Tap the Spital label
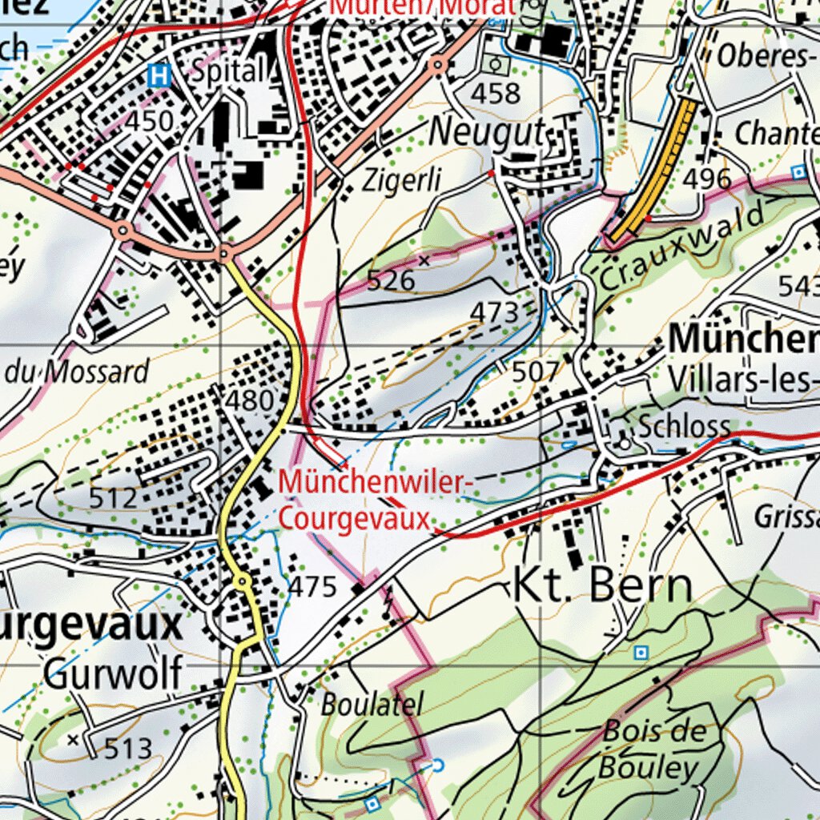click(x=228, y=71)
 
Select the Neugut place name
click(x=487, y=133)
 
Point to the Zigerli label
click(x=401, y=181)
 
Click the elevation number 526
click(x=391, y=279)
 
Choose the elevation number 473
click(x=494, y=312)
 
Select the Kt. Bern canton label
click(x=602, y=586)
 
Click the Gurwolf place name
click(x=113, y=673)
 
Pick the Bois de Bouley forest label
click(x=653, y=750)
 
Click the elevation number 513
click(x=128, y=748)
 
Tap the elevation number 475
click(x=312, y=587)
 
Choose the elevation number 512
click(x=114, y=498)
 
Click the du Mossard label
click(x=78, y=372)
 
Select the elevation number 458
click(x=495, y=93)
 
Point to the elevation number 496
click(x=708, y=178)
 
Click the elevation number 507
click(x=535, y=372)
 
